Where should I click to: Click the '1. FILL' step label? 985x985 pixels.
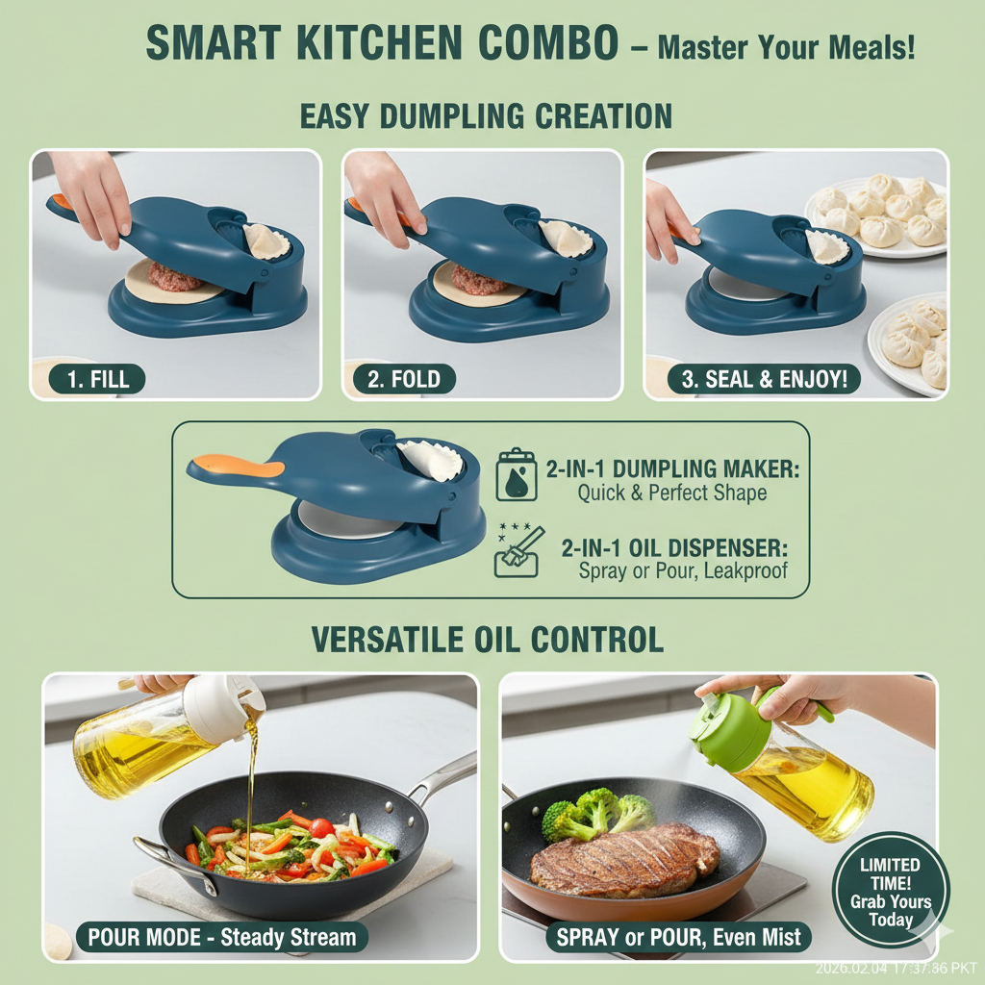coord(98,378)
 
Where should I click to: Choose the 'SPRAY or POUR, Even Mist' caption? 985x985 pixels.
coord(678,937)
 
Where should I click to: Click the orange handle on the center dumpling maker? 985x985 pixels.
coord(240,467)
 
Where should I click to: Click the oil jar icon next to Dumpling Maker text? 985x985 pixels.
coord(517,474)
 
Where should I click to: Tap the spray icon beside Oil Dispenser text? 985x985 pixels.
coord(518,552)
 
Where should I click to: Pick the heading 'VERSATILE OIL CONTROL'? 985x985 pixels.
coord(487,640)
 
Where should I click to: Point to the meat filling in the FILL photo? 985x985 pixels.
coord(175,278)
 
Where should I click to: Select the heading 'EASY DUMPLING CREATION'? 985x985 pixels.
coord(486,117)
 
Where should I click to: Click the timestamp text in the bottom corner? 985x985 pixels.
coord(896,968)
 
